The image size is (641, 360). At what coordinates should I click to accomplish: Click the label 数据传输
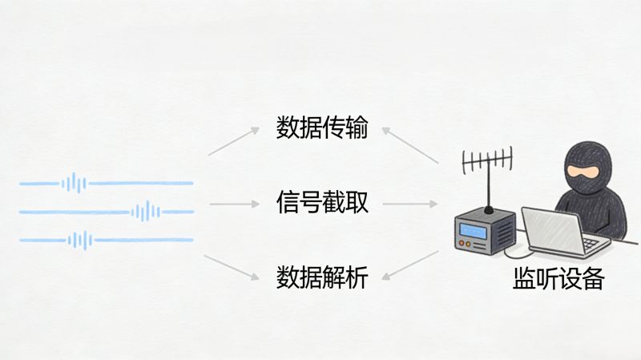tap(322, 128)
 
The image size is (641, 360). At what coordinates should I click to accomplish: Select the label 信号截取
tap(322, 202)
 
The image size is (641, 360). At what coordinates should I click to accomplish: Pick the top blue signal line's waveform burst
tap(74, 184)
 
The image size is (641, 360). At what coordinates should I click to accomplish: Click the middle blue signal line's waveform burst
tap(146, 212)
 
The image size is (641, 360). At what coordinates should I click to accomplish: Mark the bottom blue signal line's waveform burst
tap(79, 240)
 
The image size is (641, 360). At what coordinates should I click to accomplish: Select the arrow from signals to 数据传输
tap(233, 139)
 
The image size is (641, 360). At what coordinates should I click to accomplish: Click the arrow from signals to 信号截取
tap(236, 204)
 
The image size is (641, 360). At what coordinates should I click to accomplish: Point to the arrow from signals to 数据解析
tap(233, 268)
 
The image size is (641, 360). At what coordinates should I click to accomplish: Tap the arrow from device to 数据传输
tap(410, 144)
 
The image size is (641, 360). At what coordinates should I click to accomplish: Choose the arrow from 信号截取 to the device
tap(410, 204)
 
